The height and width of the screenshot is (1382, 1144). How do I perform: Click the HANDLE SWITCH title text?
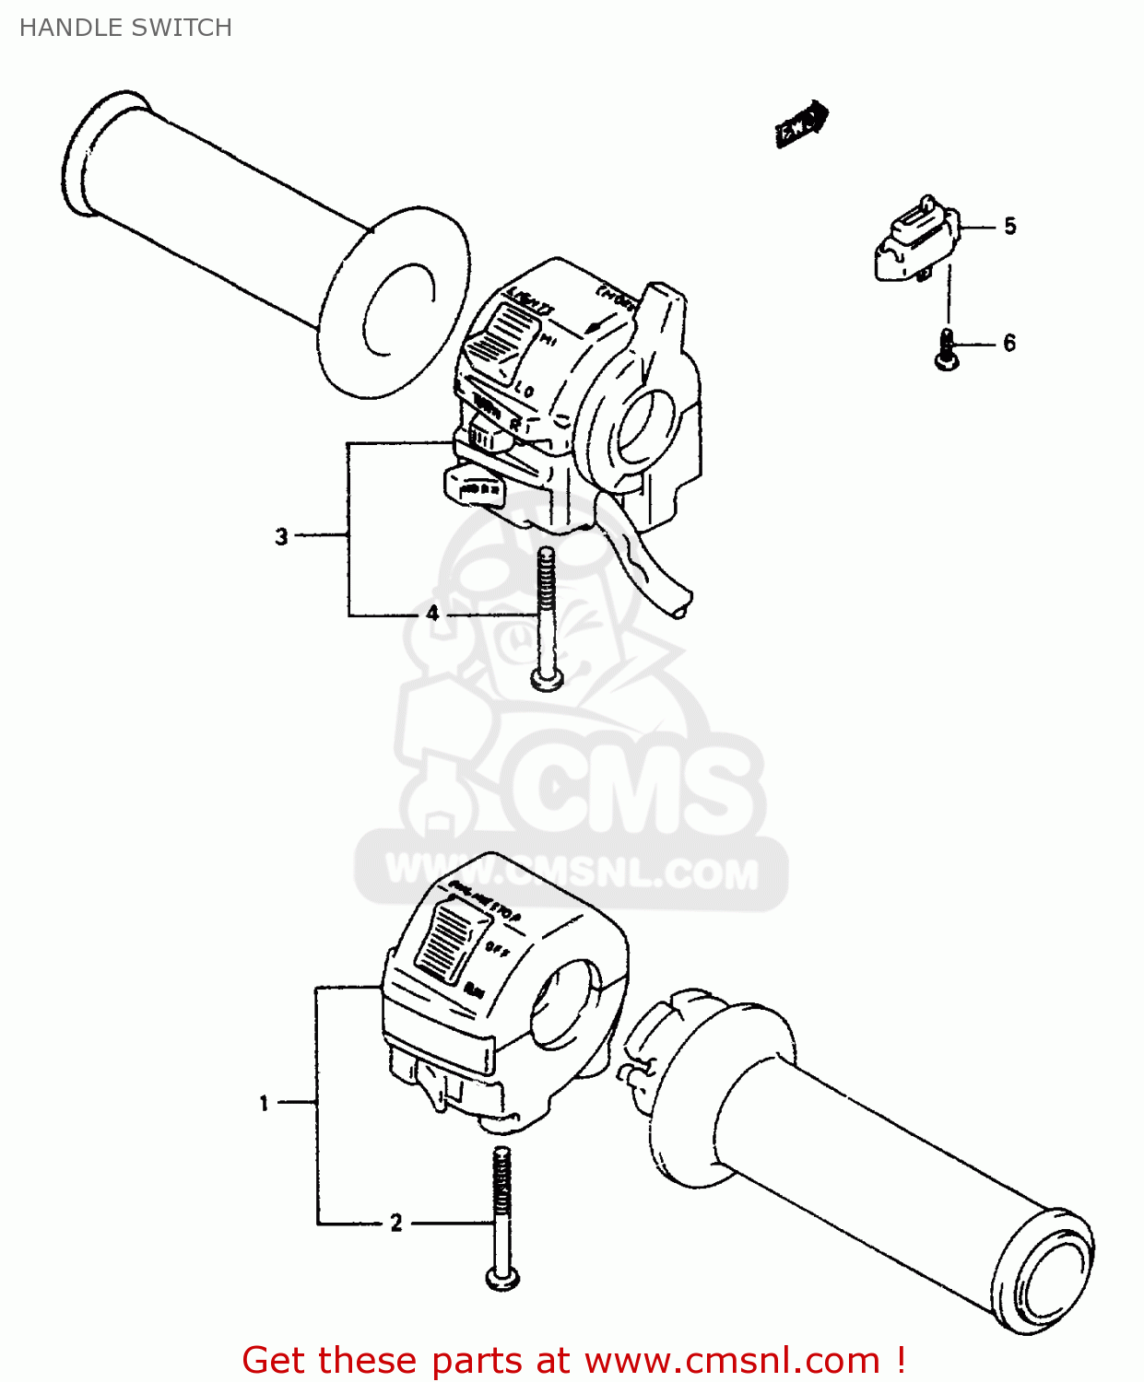(x=125, y=28)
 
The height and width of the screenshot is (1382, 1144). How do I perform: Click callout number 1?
(x=264, y=1103)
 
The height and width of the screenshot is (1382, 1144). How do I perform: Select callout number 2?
(x=396, y=1223)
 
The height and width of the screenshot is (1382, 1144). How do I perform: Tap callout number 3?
(x=281, y=536)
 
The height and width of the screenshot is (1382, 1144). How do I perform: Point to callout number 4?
(x=432, y=614)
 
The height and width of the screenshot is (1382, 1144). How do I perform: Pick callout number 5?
(x=1010, y=226)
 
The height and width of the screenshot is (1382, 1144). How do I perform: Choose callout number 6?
(x=1009, y=343)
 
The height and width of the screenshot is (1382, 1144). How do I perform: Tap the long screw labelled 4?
(x=547, y=617)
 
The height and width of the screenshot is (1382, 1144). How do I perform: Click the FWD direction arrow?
(x=800, y=123)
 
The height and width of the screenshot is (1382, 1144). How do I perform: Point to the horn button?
(x=475, y=486)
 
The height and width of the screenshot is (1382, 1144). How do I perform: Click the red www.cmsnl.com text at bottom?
(x=732, y=1360)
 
